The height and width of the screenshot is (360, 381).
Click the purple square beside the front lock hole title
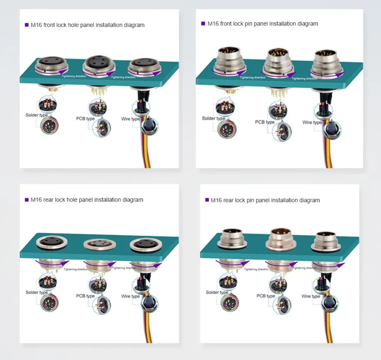pos(27,25)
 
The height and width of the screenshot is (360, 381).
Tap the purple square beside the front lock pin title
pos(203,24)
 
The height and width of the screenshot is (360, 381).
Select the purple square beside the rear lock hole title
pos(27,200)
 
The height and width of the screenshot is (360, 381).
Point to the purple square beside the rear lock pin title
pos(207,200)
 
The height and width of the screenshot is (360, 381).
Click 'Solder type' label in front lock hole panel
pos(36,115)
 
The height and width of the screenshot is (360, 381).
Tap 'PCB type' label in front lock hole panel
pos(85,119)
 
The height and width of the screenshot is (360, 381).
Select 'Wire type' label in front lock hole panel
pos(130,119)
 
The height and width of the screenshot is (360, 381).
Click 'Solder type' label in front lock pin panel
pos(213,118)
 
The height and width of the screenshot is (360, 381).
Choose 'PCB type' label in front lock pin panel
pos(265,122)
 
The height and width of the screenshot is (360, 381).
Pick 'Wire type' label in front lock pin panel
pos(312,122)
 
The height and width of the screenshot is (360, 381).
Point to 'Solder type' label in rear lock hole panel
pos(37,292)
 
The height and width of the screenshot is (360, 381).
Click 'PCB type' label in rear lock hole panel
pos(85,296)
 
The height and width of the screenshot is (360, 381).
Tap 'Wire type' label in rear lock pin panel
pos(312,296)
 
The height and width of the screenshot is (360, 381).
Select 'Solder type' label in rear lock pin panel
pos(217,292)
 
